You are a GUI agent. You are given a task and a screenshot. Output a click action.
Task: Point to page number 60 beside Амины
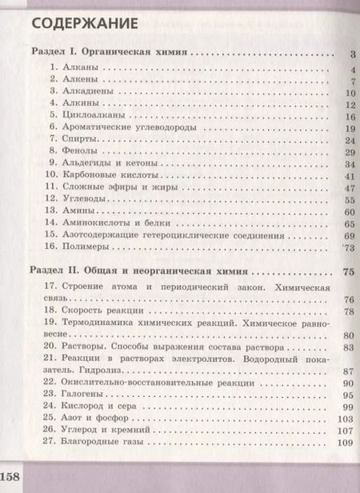(x=348, y=211)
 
